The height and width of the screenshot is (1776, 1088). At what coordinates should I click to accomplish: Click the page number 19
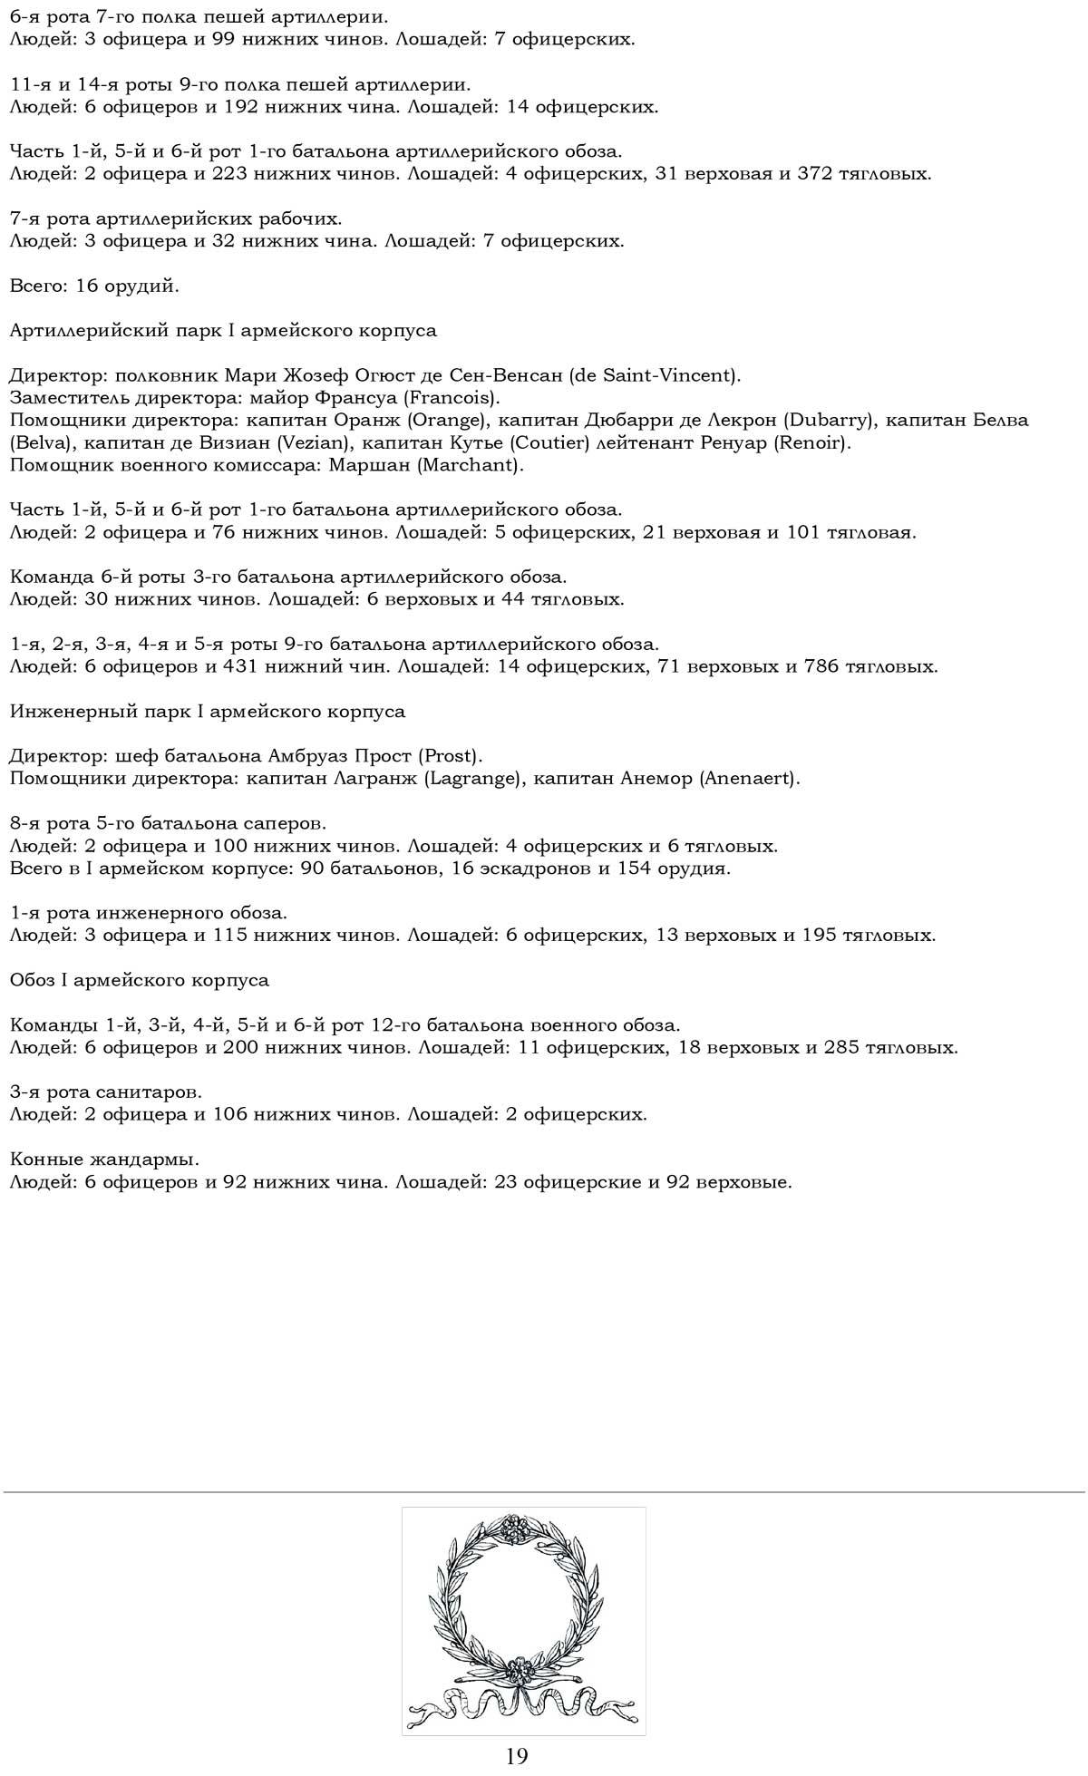click(x=517, y=1755)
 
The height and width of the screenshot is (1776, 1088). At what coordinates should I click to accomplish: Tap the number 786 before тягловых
click(x=822, y=667)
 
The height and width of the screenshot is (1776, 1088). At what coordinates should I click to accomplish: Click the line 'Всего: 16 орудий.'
click(x=94, y=286)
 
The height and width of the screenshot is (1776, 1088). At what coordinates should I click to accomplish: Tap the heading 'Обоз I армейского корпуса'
click(x=140, y=980)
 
